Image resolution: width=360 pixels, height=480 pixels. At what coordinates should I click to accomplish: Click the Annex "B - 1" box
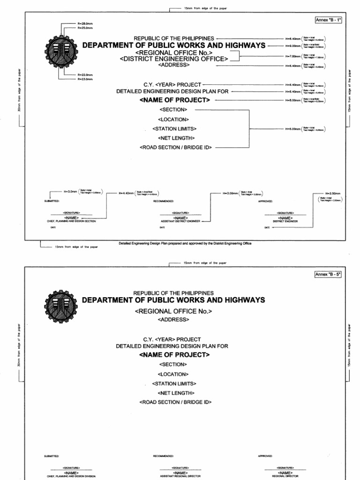[x=328, y=21]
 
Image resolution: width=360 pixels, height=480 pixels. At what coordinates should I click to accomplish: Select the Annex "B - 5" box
[x=328, y=275]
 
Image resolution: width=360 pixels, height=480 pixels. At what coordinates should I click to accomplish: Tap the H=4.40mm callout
[x=125, y=193]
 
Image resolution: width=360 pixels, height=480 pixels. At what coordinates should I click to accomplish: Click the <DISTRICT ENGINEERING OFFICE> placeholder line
[x=174, y=59]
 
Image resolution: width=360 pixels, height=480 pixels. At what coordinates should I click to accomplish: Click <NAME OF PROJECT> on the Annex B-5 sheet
[x=174, y=355]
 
